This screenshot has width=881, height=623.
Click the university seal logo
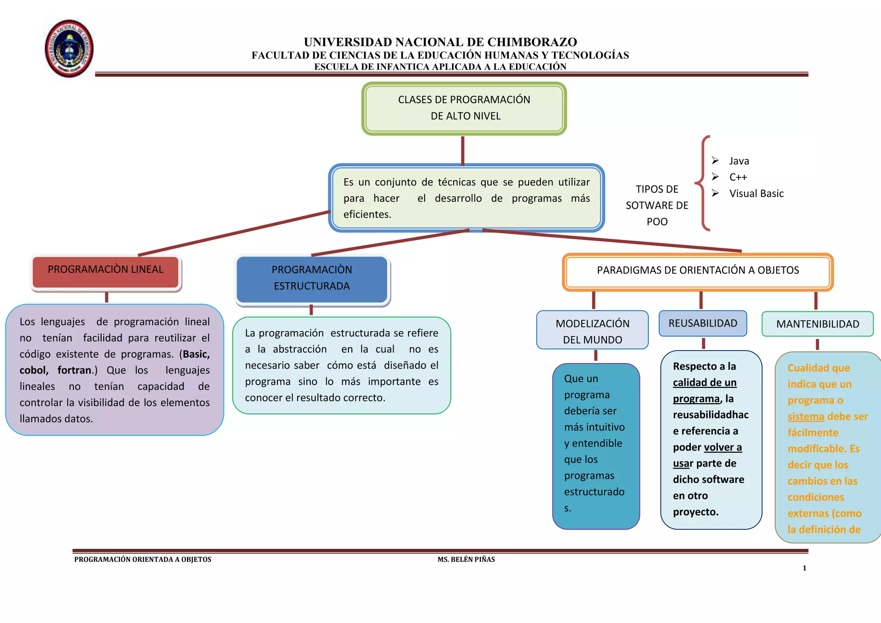point(69,48)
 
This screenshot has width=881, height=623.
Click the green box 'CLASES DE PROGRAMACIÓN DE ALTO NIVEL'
point(464,108)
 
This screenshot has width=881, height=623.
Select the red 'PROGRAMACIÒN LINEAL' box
point(106,271)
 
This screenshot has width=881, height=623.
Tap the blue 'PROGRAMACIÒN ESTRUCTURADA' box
point(312,279)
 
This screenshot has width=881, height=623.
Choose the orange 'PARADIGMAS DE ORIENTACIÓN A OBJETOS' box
point(697,271)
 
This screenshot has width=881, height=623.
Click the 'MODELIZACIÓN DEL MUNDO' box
point(592,330)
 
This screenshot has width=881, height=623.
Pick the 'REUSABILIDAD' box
point(702,323)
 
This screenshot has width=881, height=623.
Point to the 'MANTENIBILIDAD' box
point(817,324)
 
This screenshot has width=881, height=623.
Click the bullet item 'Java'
point(739,161)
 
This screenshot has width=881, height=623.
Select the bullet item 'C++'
point(738,177)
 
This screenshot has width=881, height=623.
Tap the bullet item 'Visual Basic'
point(756,194)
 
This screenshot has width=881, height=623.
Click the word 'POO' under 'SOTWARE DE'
point(657,222)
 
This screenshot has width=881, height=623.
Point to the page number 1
point(804,568)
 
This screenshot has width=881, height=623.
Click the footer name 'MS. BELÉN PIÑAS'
point(466,559)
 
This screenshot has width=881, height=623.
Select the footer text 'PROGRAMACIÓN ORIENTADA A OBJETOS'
point(143,559)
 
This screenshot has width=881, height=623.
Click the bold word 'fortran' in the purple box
point(74,370)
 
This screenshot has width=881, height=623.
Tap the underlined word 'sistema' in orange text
point(806,416)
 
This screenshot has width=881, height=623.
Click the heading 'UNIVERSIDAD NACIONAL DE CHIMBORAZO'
point(440,42)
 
